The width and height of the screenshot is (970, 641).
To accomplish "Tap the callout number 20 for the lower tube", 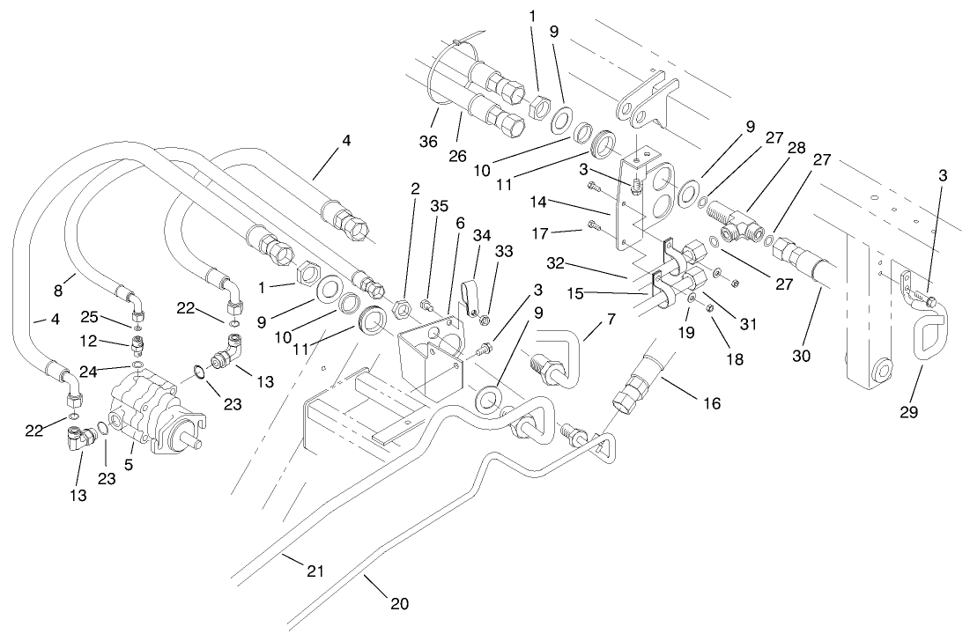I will click(399, 604).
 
